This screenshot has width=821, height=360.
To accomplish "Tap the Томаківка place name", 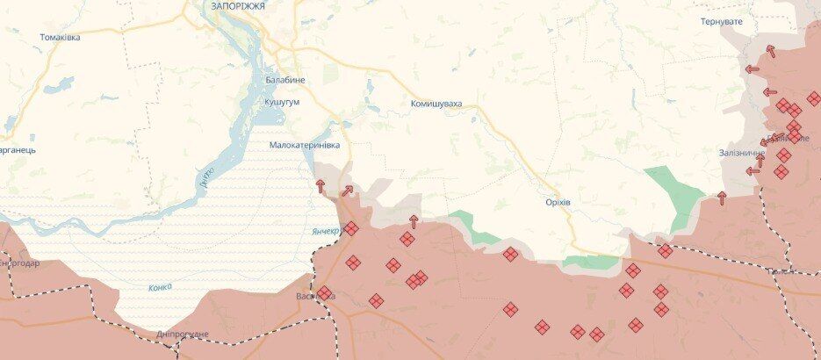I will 60,37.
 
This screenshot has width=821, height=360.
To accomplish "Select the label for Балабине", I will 285,80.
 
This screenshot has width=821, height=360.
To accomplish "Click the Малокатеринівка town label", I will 304,145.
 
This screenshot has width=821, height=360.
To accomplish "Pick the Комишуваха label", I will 436,104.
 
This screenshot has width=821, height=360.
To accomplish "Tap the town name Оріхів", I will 557,201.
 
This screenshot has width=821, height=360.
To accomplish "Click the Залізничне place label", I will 741,153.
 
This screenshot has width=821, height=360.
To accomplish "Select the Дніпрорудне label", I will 183,335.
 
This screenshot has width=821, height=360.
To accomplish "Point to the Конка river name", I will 160,287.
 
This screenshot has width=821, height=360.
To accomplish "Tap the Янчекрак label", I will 326,231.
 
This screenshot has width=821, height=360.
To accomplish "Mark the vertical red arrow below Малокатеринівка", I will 320,185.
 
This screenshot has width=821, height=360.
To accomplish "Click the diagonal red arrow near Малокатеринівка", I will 347,190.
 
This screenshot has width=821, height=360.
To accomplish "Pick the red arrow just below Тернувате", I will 770,50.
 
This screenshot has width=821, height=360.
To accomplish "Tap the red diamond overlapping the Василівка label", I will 324,293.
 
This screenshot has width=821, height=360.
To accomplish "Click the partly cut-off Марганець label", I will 18,150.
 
